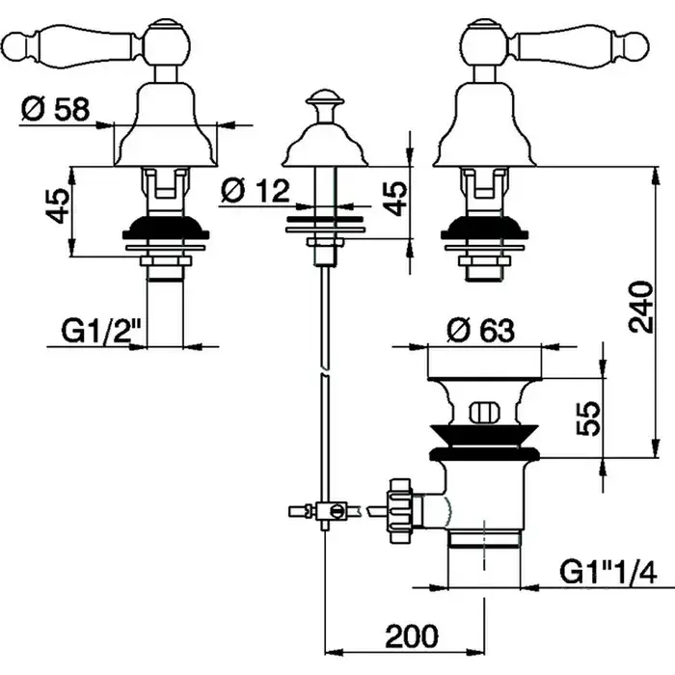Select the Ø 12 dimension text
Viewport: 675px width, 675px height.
pyautogui.click(x=255, y=191)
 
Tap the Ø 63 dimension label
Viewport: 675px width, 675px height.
pyautogui.click(x=480, y=331)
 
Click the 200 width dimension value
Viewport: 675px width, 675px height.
pyautogui.click(x=412, y=636)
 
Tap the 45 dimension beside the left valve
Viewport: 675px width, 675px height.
pyautogui.click(x=57, y=205)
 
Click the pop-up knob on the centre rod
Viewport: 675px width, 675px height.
pyautogui.click(x=326, y=100)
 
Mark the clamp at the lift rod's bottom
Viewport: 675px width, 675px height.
pyautogui.click(x=328, y=511)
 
